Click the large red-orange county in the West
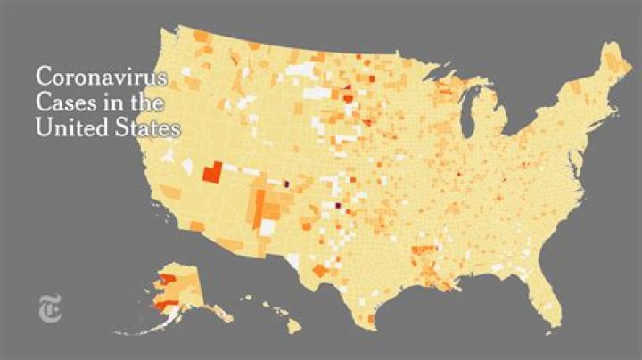pos(211,172)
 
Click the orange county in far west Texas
pos(318,270)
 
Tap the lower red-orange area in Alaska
pos(164,306)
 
